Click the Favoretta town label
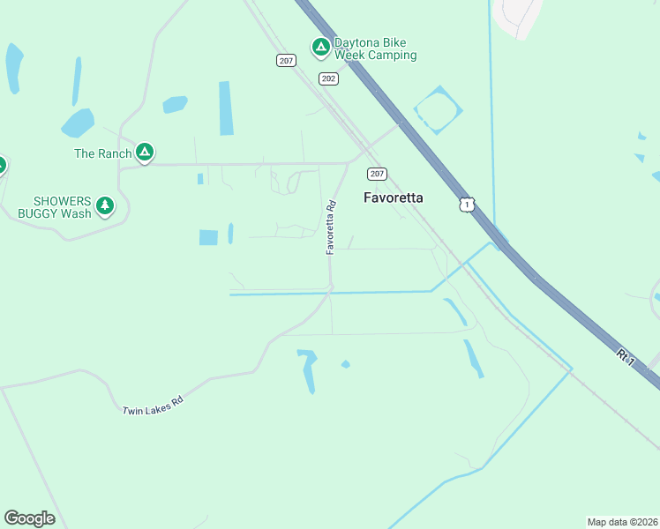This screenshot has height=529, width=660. [x=393, y=198]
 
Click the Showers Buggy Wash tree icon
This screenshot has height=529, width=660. [x=105, y=206]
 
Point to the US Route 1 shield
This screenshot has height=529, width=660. [x=466, y=205]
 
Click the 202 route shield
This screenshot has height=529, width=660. [x=329, y=79]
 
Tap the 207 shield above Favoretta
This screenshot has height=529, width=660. [x=377, y=174]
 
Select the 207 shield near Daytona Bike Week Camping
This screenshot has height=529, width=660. [x=285, y=60]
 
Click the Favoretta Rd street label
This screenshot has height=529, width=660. [x=331, y=228]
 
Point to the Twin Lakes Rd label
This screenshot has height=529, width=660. [x=152, y=406]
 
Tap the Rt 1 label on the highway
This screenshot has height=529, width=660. [x=626, y=357]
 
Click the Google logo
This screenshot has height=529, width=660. [x=29, y=518]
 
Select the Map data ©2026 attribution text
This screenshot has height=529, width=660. [x=622, y=521]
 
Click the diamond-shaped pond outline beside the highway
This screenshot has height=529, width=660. [x=438, y=109]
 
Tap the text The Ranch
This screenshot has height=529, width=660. [x=102, y=153]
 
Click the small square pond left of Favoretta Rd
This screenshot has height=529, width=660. [x=208, y=237]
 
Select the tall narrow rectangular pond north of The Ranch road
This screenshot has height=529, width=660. [x=226, y=108]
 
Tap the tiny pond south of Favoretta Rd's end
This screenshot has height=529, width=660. [x=346, y=364]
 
